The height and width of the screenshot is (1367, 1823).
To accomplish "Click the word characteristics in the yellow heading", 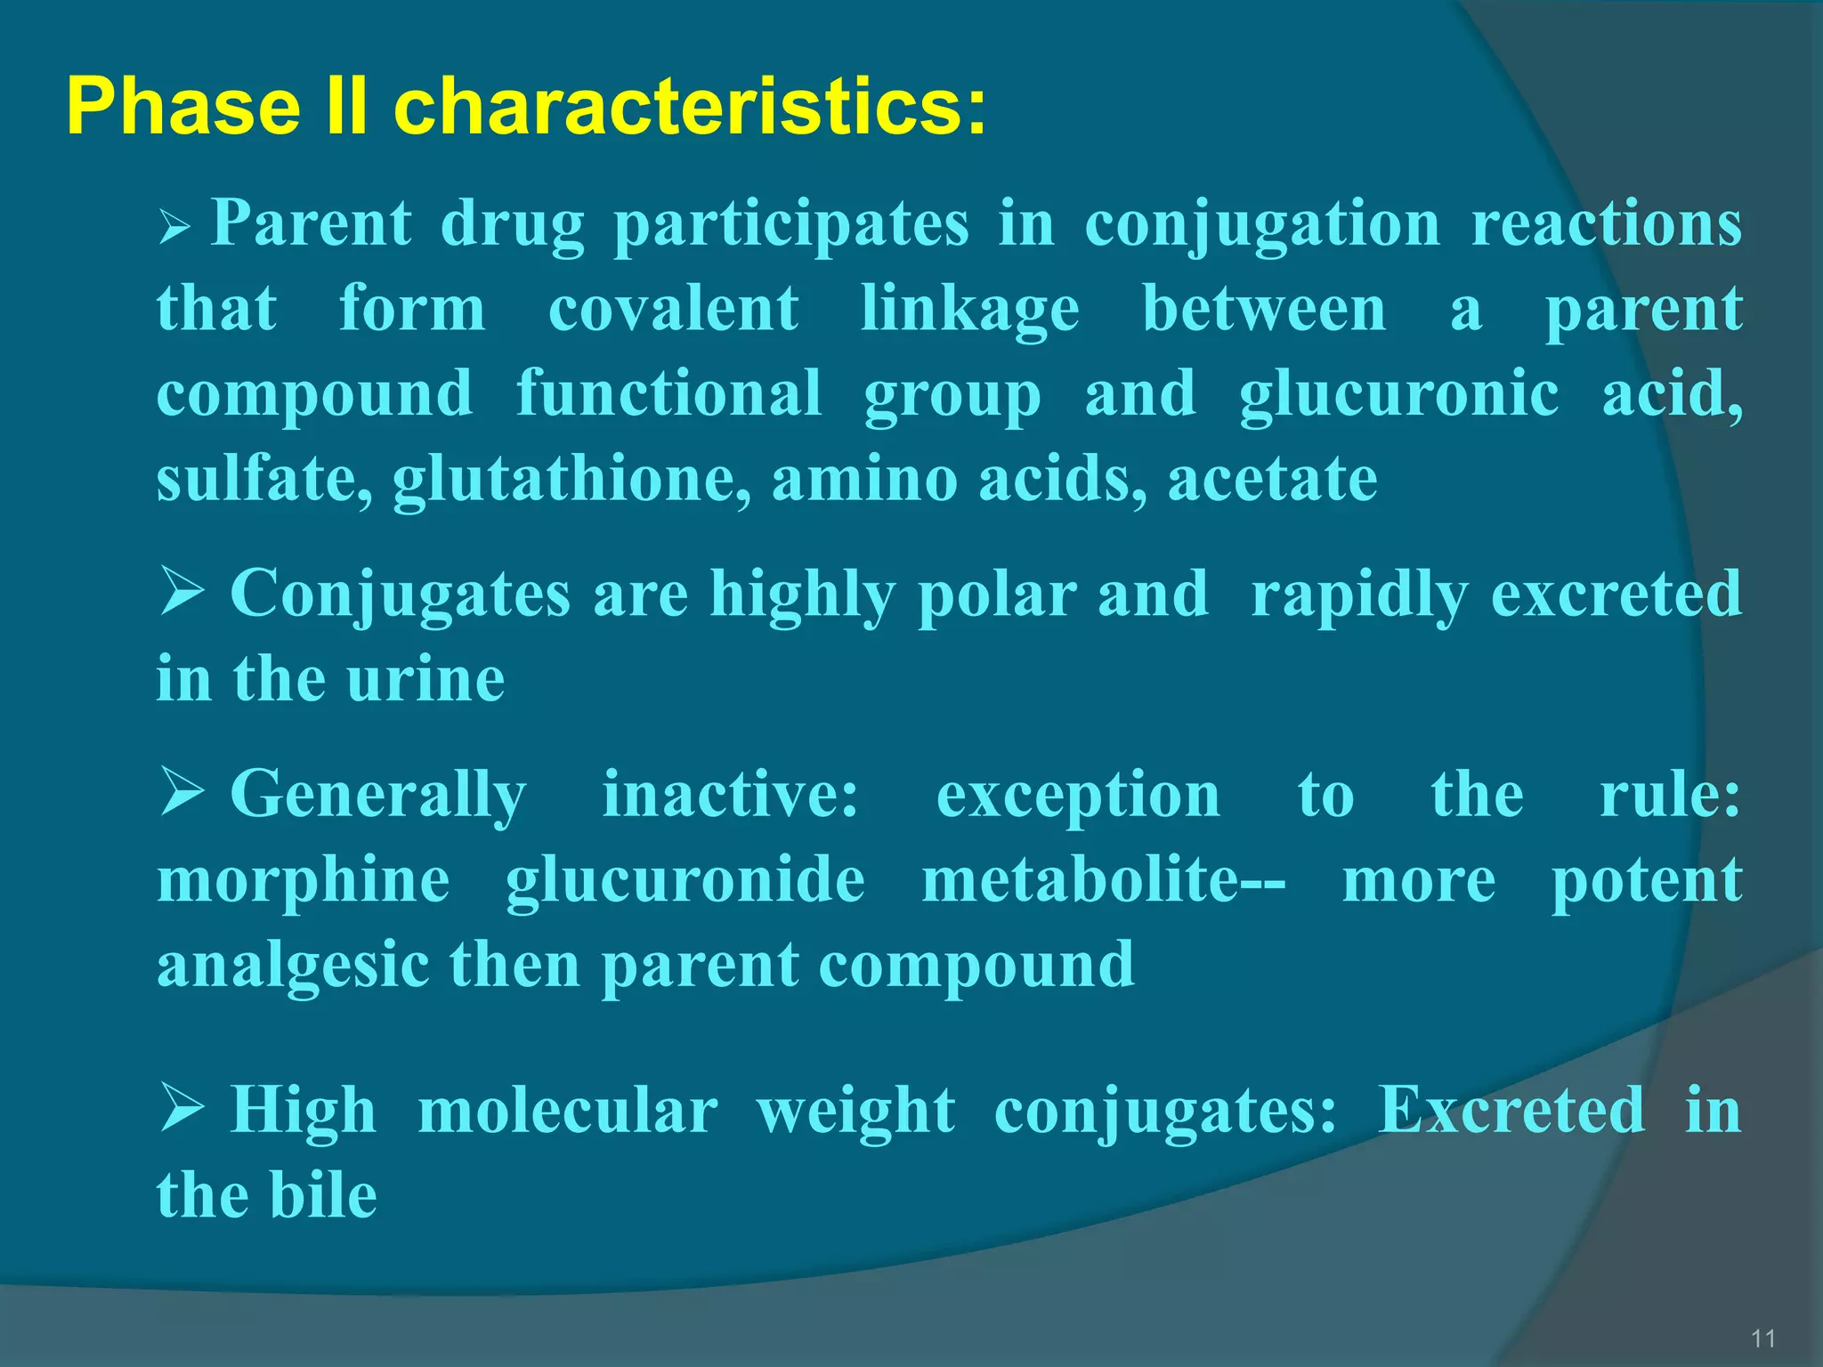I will (x=690, y=107).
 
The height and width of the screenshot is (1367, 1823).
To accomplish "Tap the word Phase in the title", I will (x=182, y=107).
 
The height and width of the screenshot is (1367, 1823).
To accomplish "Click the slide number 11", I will (x=1762, y=1339).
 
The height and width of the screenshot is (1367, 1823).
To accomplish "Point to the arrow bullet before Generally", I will (x=182, y=793).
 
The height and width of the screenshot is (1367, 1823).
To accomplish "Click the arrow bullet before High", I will (x=182, y=1109).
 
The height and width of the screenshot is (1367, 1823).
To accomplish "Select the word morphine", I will (x=304, y=881).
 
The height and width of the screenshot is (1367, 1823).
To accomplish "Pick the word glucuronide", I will (x=685, y=881).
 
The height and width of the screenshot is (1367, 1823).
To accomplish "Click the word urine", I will (x=425, y=679).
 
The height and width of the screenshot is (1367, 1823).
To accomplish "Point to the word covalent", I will (x=673, y=309).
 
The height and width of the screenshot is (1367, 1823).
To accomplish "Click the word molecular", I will (x=567, y=1111).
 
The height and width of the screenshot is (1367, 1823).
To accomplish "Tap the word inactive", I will (x=730, y=794).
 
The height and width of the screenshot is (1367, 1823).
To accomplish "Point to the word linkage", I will (x=970, y=309).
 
